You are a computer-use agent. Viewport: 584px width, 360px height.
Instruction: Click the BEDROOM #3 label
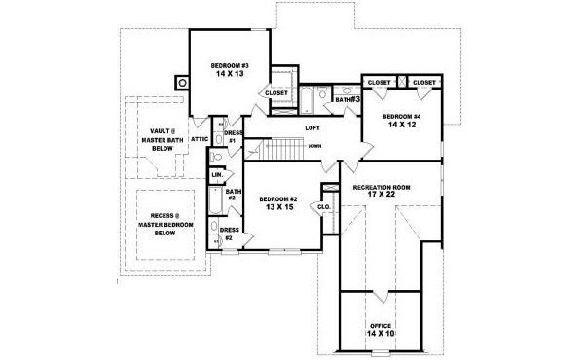(229, 65)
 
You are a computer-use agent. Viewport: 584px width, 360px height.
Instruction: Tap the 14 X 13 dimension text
(229, 74)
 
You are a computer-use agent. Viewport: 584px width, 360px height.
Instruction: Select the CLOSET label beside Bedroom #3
(276, 93)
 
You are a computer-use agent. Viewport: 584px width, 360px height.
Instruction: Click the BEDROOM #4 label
(402, 117)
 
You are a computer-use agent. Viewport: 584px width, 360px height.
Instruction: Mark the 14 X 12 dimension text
(402, 126)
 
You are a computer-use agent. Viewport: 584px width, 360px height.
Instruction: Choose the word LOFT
(312, 127)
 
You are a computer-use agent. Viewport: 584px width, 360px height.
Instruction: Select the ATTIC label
(199, 139)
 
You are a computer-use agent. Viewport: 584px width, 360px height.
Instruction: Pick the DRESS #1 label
(234, 136)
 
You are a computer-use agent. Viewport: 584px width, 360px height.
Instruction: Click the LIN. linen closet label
(216, 175)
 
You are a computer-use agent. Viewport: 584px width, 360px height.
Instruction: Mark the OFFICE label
(381, 325)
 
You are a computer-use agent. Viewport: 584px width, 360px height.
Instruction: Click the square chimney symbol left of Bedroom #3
(180, 83)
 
